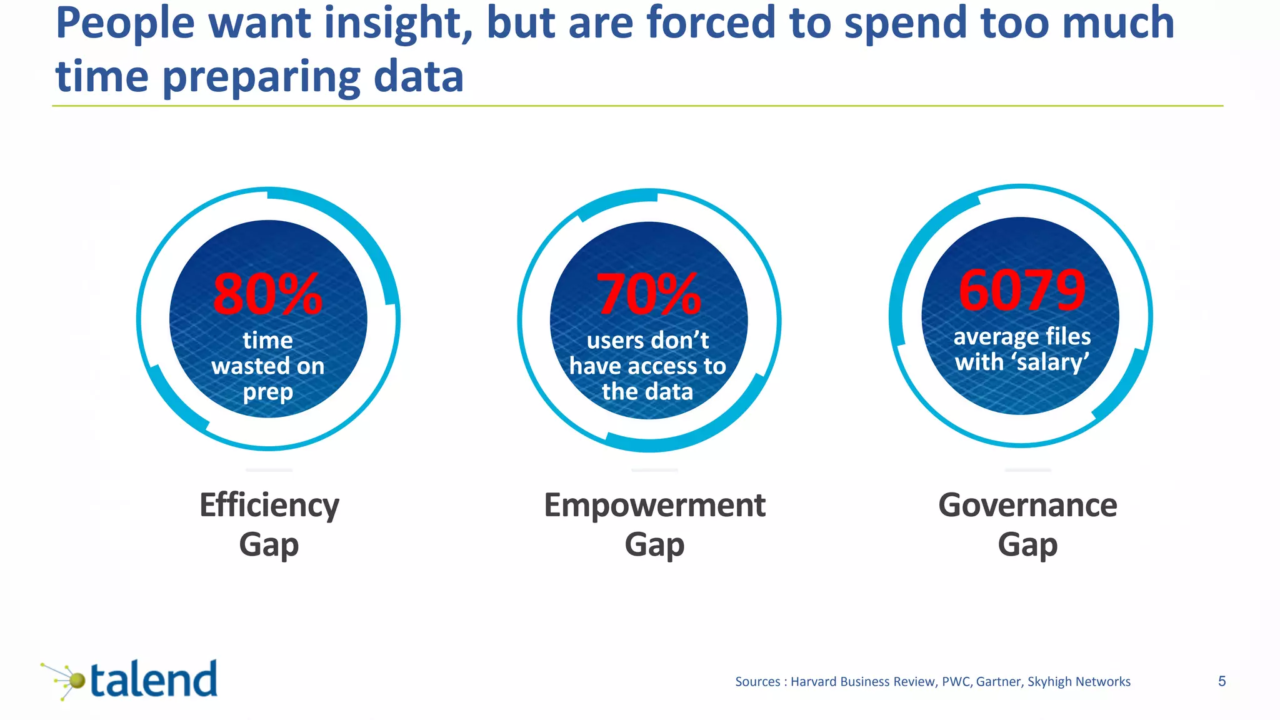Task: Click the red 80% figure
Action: [x=267, y=295]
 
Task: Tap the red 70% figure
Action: [x=648, y=295]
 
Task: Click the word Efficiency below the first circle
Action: [x=269, y=506]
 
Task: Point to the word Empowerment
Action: [x=654, y=506]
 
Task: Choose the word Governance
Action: [x=1027, y=506]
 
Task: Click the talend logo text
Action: [x=154, y=680]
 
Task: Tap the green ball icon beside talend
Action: [x=76, y=681]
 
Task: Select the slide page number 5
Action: [x=1222, y=681]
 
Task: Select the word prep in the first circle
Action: [x=267, y=392]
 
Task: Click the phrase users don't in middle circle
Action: [x=647, y=341]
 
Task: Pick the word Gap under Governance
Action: [x=1027, y=545]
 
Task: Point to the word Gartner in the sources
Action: [x=999, y=682]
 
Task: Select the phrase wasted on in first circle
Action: [x=267, y=366]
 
